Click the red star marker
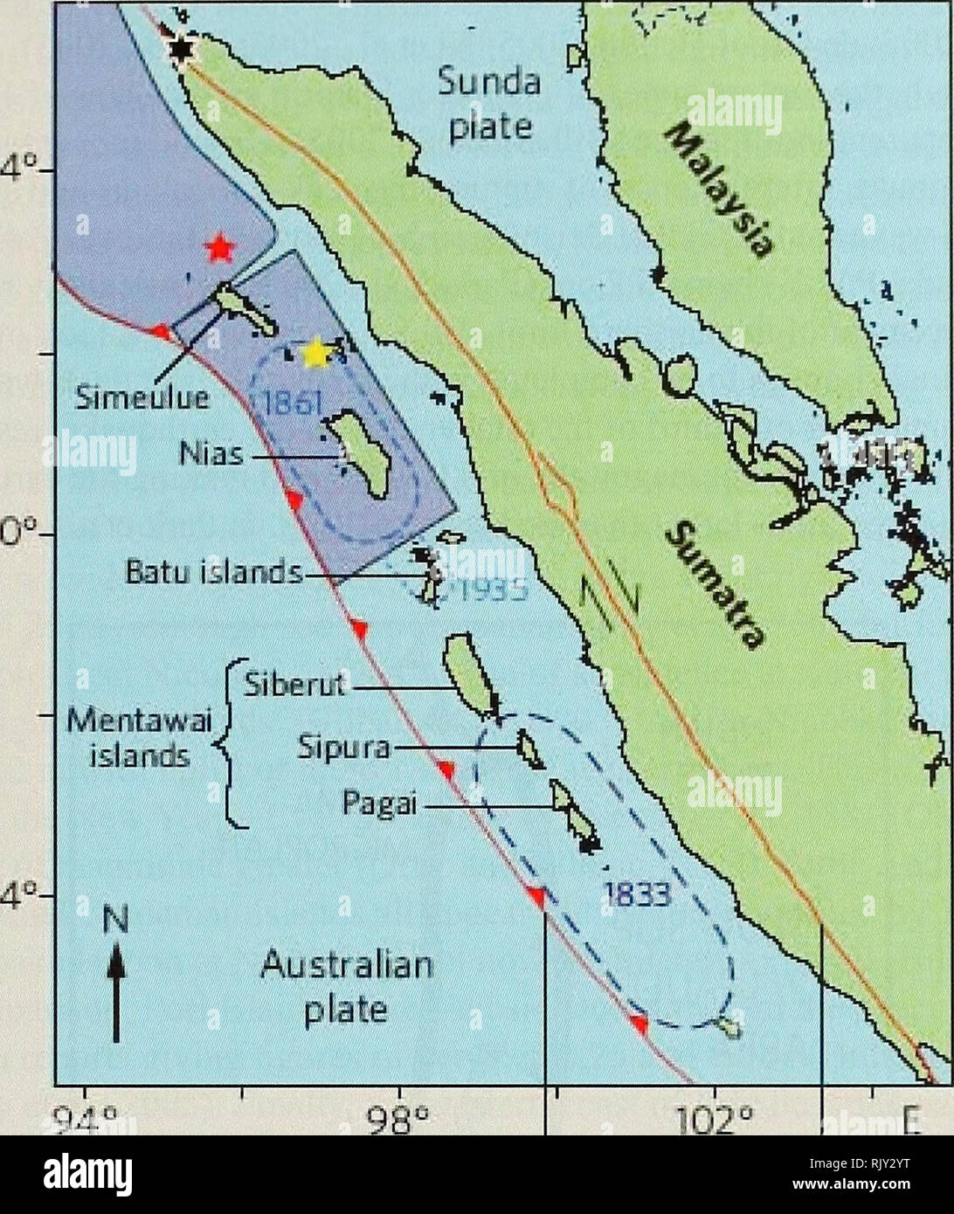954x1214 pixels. click(x=219, y=249)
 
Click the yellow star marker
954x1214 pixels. click(x=315, y=354)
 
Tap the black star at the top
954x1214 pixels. click(x=181, y=50)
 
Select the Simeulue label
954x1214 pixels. click(x=142, y=398)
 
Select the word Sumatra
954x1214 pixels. click(x=715, y=586)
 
